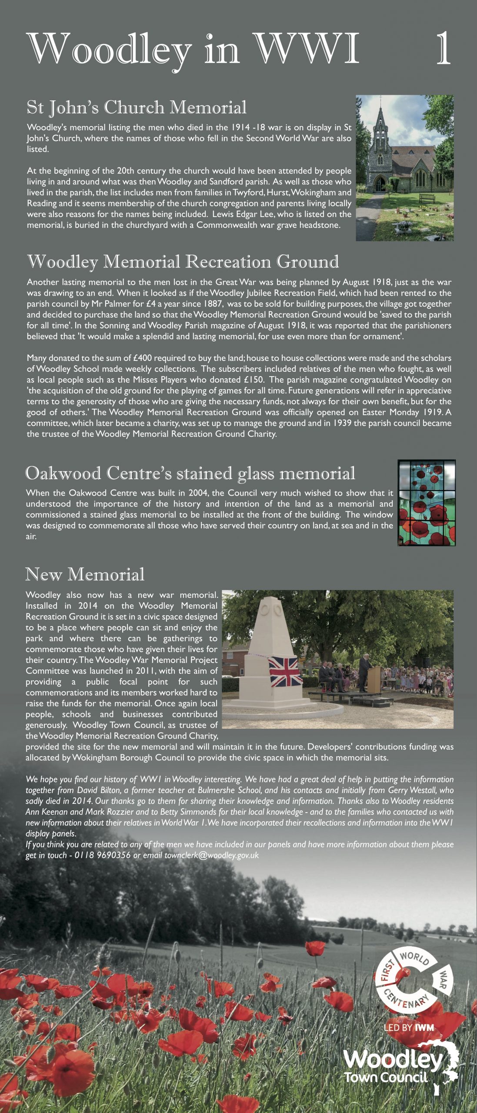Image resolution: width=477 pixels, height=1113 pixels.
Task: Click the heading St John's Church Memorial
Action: click(x=137, y=107)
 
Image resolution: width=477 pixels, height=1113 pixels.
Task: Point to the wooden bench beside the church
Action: click(x=427, y=198)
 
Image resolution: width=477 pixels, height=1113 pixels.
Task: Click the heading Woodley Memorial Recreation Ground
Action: click(x=183, y=262)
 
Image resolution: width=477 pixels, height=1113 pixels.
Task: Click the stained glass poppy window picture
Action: click(x=426, y=503)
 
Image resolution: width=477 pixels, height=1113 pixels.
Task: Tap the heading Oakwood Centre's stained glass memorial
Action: click(x=190, y=473)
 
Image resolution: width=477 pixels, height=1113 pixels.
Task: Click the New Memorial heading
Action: click(x=85, y=574)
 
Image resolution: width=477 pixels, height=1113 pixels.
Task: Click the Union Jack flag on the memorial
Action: click(x=285, y=672)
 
